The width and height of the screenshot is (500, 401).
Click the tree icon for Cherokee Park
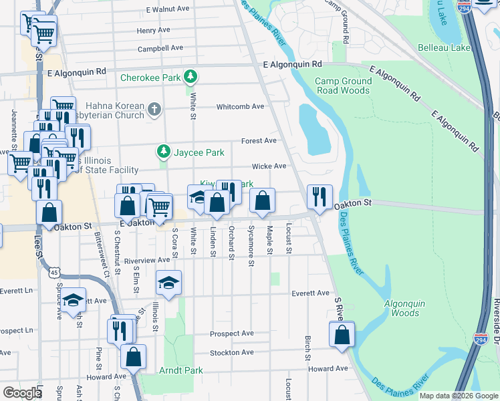191,78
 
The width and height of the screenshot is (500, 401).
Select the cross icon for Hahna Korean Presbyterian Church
154,108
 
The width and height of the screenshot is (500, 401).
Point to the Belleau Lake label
444,47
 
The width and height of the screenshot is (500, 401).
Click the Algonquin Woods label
404,308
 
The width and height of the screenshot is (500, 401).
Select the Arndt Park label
180,370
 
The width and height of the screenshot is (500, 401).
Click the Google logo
23,392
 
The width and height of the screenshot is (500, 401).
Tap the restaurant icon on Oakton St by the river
318,196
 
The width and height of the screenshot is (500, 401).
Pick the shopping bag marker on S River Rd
342,336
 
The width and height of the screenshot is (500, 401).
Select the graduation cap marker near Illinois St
168,283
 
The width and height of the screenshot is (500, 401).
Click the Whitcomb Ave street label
240,107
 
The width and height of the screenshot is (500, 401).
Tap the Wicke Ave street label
269,166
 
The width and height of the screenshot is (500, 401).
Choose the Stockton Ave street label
231,352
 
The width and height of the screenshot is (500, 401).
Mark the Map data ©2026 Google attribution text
459,396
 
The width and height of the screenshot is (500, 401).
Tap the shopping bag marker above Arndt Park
133,357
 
